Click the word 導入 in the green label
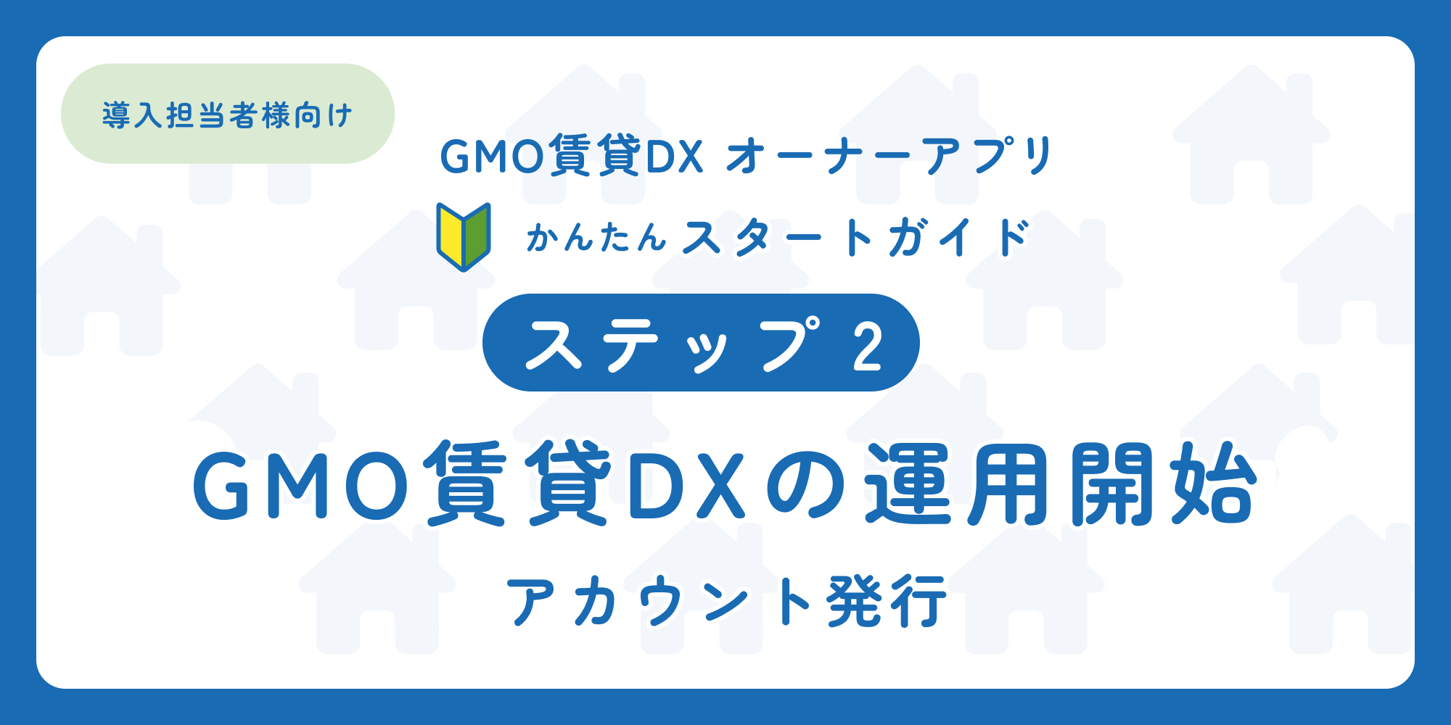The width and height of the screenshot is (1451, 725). [x=133, y=115]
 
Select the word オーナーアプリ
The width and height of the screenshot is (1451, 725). [x=889, y=156]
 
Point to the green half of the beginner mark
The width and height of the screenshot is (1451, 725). [x=476, y=236]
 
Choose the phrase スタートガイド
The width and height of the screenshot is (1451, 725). [x=856, y=238]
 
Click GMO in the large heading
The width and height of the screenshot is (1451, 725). [x=301, y=484]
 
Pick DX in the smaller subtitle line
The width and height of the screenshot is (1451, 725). [x=675, y=157]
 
